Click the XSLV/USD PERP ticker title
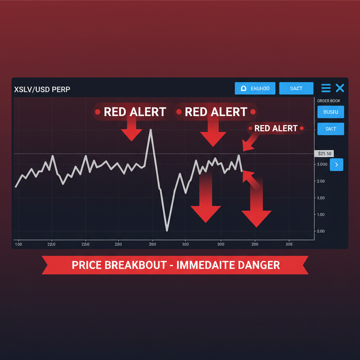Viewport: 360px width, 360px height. (x=42, y=89)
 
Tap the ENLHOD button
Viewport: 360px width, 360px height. (x=255, y=88)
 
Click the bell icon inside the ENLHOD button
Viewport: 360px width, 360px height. (x=243, y=89)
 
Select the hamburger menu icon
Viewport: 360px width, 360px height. (x=326, y=88)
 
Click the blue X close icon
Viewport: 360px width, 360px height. (x=340, y=88)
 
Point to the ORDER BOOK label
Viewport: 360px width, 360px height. (x=329, y=101)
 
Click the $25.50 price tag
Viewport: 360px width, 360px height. (x=323, y=154)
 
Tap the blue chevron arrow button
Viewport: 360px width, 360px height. (x=336, y=164)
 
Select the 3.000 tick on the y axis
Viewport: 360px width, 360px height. (x=322, y=165)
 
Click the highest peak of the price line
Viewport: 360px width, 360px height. (x=151, y=130)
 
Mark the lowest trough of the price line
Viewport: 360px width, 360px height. (x=167, y=231)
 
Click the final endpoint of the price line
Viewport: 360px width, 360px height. (x=242, y=171)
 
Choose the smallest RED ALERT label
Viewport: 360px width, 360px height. (x=276, y=128)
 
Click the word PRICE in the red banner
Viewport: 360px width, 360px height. (x=86, y=265)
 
